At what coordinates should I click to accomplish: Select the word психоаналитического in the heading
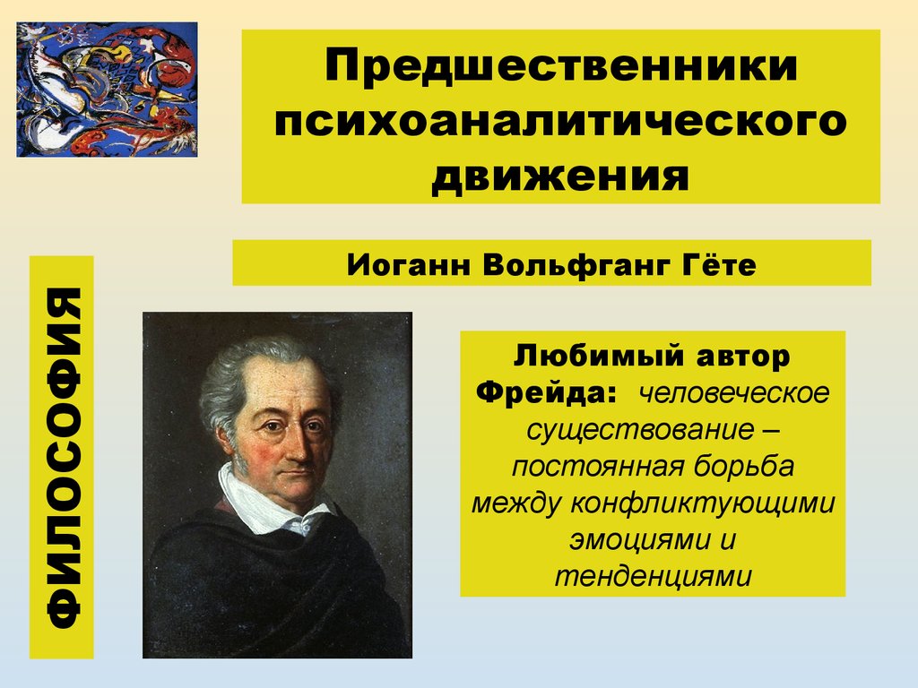click(560, 121)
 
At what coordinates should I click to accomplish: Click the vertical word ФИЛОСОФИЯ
click(64, 458)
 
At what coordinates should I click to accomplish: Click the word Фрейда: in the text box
click(546, 392)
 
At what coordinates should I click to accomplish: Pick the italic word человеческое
click(734, 393)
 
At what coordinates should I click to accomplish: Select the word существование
click(640, 430)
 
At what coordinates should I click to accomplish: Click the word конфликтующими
click(703, 503)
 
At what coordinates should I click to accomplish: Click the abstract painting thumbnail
click(107, 90)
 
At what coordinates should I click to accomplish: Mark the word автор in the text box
click(743, 357)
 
